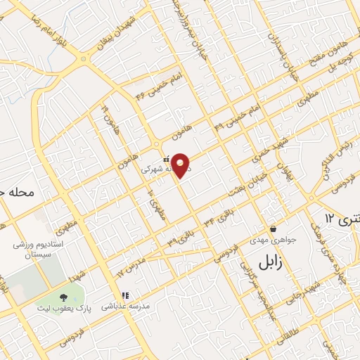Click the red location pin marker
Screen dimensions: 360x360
point(181,165)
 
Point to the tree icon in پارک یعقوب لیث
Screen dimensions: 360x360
point(64,297)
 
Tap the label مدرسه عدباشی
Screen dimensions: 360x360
point(125,307)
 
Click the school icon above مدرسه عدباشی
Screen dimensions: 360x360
point(125,296)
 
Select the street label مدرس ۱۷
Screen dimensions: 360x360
point(130,269)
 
